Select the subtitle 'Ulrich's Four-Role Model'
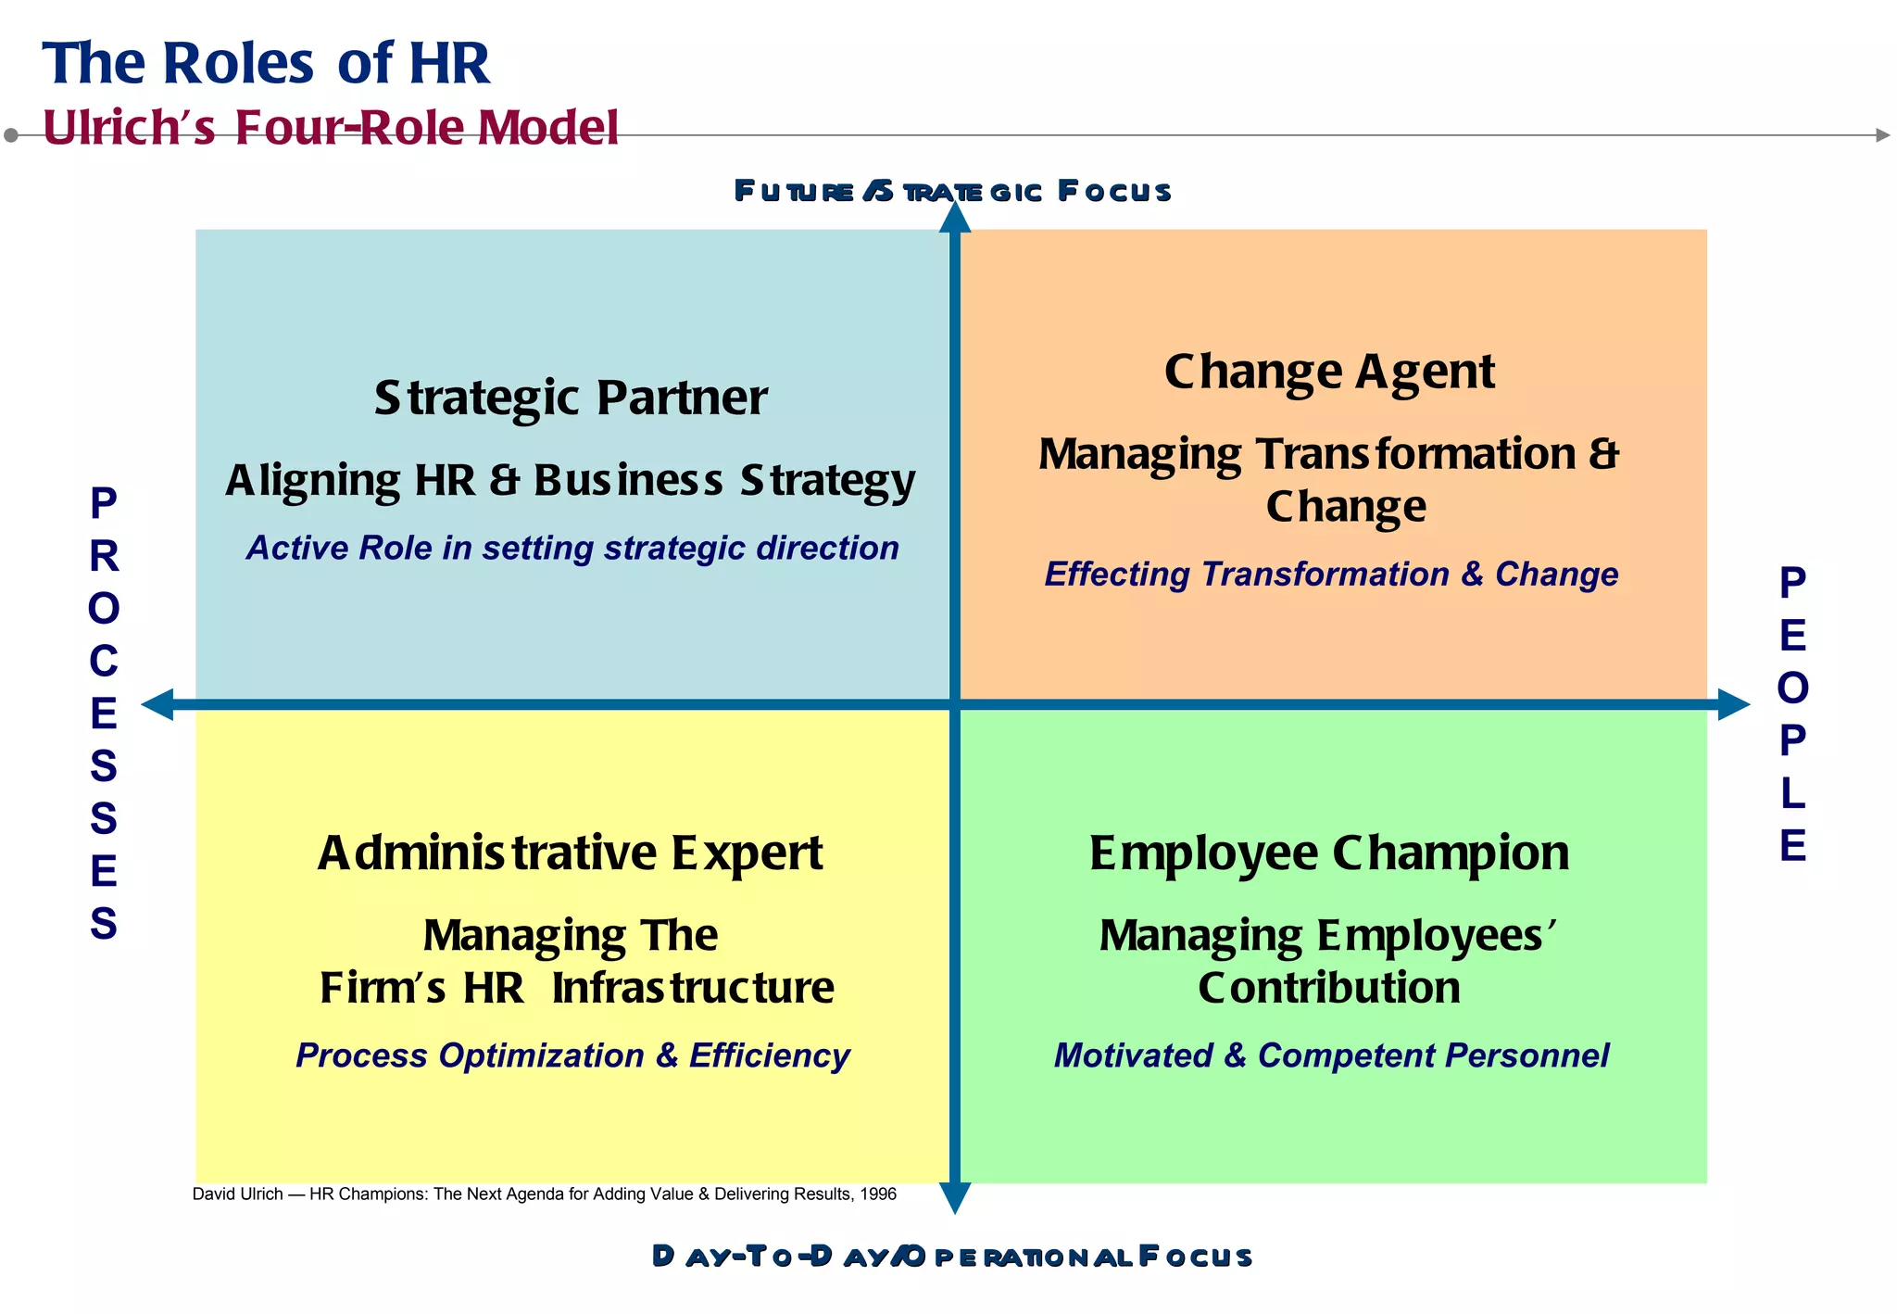tap(331, 128)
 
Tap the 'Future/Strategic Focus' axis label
tap(952, 192)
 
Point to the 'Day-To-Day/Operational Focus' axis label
tap(952, 1257)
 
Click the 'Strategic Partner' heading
tap(571, 398)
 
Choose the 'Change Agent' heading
tap(1329, 372)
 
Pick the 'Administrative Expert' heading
tap(571, 853)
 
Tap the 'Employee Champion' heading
tap(1329, 853)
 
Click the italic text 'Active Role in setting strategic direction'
tap(572, 548)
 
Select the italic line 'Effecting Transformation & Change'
tap(1331, 575)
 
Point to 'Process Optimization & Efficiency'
tap(572, 1055)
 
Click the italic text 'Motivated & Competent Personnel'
tap(1331, 1055)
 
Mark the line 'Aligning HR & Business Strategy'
tap(571, 480)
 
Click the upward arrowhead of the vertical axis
tap(955, 218)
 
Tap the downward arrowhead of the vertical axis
tap(955, 1198)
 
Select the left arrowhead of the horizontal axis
tap(157, 705)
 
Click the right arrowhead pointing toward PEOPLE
tap(1733, 705)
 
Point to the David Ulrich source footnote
tap(544, 1194)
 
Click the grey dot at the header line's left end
tap(11, 135)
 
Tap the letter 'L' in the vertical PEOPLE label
tap(1792, 793)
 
